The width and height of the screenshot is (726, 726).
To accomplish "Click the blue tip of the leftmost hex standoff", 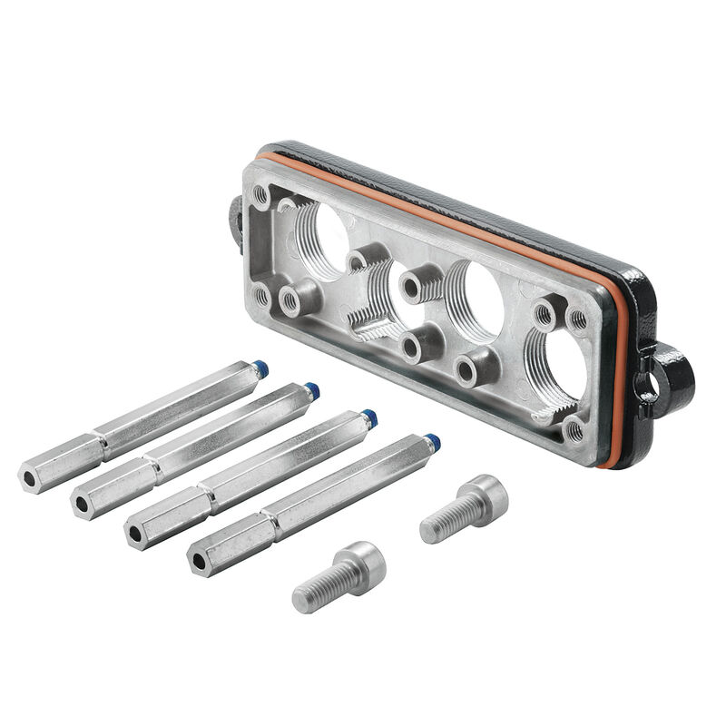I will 260,368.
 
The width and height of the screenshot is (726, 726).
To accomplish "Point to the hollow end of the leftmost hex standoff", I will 30,476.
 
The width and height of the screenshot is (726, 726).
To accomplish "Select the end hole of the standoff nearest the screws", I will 200,561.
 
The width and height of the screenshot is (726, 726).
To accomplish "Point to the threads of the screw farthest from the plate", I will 318,587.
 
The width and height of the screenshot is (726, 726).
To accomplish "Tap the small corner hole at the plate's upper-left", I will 261,192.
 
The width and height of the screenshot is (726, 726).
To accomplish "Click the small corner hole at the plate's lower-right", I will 574,429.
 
